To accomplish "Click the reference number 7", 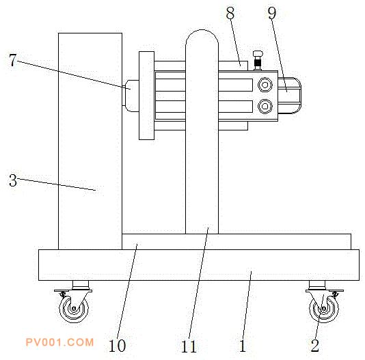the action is coord(13,60).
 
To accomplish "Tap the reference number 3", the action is coord(13,180).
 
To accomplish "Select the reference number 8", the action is coord(230,13).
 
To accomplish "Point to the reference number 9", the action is coord(272,13).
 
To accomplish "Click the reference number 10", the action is coord(117,346).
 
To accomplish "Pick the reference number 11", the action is coord(189,346).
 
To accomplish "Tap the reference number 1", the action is coord(243,346).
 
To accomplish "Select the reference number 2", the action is coord(314,346).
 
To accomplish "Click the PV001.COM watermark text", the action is coord(59,342).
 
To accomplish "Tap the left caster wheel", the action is coord(74,309).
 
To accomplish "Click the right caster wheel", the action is coord(324,309).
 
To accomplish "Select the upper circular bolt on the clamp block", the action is coord(265,85).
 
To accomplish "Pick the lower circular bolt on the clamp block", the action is coord(265,106).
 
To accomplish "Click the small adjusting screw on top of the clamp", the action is coord(258,60).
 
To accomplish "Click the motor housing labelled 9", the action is coord(289,96).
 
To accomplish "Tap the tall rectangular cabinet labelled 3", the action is coord(90,141).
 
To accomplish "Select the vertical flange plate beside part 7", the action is coord(147,96).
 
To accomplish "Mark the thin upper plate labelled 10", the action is coord(236,242).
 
